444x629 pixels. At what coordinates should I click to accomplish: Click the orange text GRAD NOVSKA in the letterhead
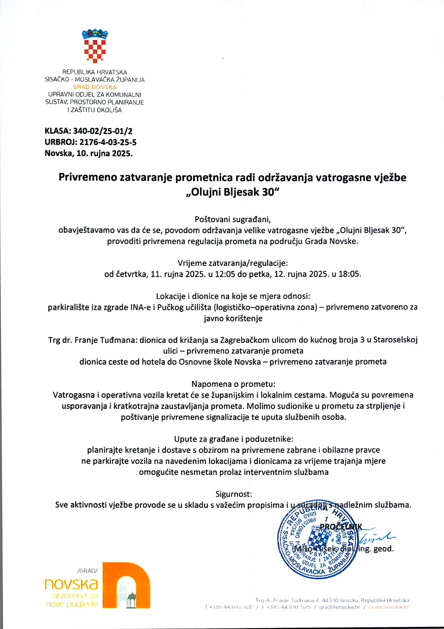pyautogui.click(x=95, y=87)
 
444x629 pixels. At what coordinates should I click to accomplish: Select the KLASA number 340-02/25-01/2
pyautogui.click(x=103, y=131)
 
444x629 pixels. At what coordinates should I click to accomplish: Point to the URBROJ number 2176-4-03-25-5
pyautogui.click(x=108, y=142)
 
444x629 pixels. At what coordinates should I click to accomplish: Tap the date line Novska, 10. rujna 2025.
pyautogui.click(x=89, y=153)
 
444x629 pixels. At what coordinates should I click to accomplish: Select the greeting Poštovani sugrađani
pyautogui.click(x=233, y=219)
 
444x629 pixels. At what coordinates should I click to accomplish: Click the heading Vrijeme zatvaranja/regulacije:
pyautogui.click(x=233, y=263)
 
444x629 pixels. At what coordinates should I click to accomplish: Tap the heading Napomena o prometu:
pyautogui.click(x=233, y=384)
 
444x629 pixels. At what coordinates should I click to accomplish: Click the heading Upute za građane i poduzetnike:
pyautogui.click(x=234, y=439)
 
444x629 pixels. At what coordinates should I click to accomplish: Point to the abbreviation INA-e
pyautogui.click(x=138, y=307)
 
